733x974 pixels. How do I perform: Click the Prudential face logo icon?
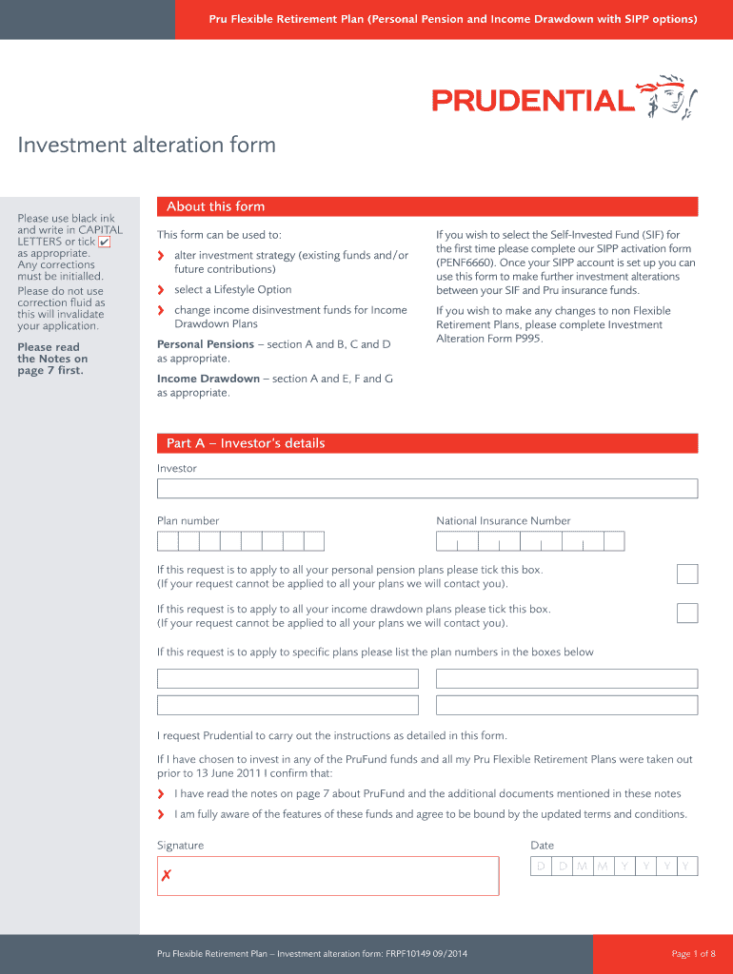pyautogui.click(x=673, y=97)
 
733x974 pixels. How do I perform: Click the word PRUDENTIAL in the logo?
pyautogui.click(x=532, y=101)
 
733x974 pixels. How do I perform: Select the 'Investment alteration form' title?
pyautogui.click(x=147, y=145)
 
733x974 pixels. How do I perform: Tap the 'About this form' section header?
pyautogui.click(x=215, y=206)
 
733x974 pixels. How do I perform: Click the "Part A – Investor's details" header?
pyautogui.click(x=246, y=443)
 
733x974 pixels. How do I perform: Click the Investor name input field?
pyautogui.click(x=426, y=489)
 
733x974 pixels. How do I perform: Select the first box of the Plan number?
pyautogui.click(x=168, y=541)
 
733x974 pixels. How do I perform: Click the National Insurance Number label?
pyautogui.click(x=503, y=520)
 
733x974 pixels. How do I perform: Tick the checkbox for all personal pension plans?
pyautogui.click(x=686, y=574)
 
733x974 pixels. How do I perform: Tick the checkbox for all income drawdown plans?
pyautogui.click(x=686, y=613)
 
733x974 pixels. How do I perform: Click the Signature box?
pyautogui.click(x=327, y=875)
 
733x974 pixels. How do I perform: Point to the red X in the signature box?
pyautogui.click(x=167, y=875)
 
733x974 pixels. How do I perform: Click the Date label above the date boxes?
pyautogui.click(x=542, y=846)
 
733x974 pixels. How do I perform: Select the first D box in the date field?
pyautogui.click(x=541, y=867)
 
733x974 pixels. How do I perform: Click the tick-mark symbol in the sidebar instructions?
pyautogui.click(x=105, y=242)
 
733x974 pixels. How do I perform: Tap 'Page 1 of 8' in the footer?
pyautogui.click(x=692, y=954)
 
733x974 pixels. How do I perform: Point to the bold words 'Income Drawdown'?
pyautogui.click(x=208, y=379)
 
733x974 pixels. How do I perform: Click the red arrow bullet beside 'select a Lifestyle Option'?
pyautogui.click(x=161, y=290)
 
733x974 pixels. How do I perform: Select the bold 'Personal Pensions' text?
pyautogui.click(x=205, y=344)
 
